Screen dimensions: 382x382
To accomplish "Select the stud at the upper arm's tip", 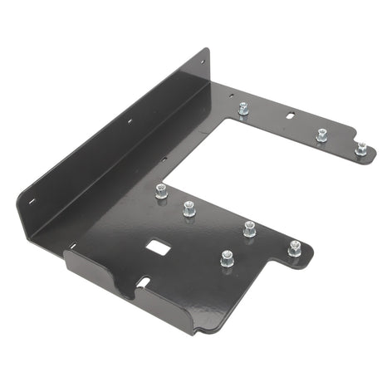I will click(361, 149).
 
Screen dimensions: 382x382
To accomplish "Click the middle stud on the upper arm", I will click(321, 135).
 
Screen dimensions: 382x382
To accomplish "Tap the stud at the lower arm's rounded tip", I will click(294, 247).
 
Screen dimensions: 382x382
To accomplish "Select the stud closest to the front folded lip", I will click(227, 259).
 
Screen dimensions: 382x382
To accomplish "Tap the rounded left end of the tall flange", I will click(20, 199).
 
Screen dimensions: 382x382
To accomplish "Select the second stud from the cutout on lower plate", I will click(189, 208).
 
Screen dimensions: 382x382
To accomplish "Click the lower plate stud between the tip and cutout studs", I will click(249, 228).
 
